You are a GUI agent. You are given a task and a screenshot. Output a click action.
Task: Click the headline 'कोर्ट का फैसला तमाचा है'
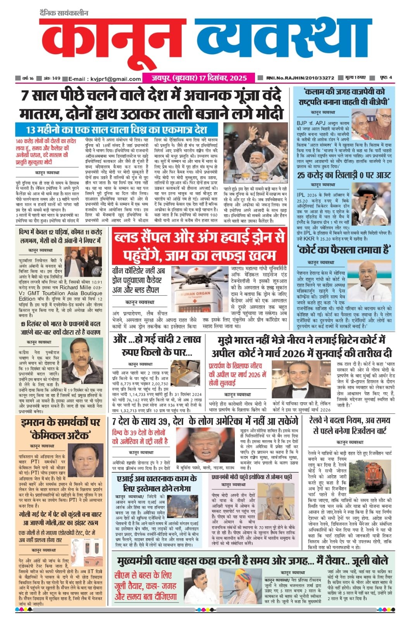pos(344,250)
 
